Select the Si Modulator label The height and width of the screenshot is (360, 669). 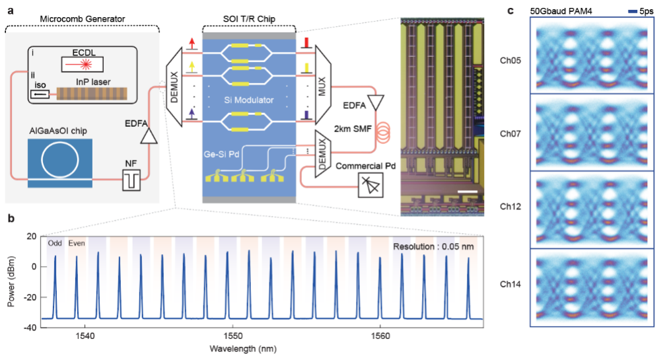click(248, 97)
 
